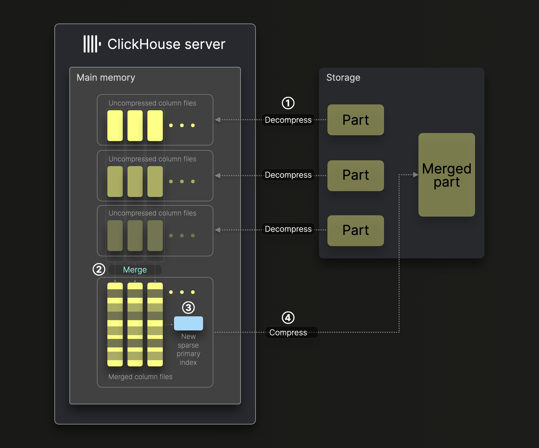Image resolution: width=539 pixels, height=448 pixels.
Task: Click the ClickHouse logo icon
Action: point(92,44)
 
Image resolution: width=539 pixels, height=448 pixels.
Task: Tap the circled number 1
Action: point(288,103)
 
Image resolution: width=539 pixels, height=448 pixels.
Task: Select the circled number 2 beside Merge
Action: point(99,269)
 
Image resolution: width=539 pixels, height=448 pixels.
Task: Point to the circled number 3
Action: point(188,308)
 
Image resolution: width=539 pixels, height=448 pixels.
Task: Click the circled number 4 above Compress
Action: point(288,318)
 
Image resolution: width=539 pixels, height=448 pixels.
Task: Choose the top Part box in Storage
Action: point(355,120)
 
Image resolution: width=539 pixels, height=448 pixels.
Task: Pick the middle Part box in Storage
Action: point(355,175)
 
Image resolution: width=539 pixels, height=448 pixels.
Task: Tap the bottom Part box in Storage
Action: point(355,230)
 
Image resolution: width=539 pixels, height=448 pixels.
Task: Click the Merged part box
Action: point(446,175)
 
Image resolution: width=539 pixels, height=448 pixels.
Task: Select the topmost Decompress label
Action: point(288,120)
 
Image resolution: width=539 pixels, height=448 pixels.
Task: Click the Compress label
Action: point(288,332)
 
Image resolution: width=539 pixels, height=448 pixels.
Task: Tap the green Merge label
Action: point(135,270)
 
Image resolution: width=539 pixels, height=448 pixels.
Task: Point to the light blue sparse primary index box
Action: point(188,323)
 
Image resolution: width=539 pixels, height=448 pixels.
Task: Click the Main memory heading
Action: point(106,78)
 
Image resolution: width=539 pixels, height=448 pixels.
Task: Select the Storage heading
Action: point(343,78)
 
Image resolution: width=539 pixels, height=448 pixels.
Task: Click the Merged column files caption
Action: point(140,377)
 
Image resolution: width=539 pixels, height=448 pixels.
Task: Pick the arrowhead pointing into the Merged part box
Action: point(416,175)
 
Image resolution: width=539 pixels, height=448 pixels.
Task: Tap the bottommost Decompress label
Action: point(288,229)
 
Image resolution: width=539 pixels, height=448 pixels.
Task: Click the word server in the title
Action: point(205,44)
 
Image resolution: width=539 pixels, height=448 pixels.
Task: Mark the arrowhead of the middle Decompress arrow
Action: point(218,175)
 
